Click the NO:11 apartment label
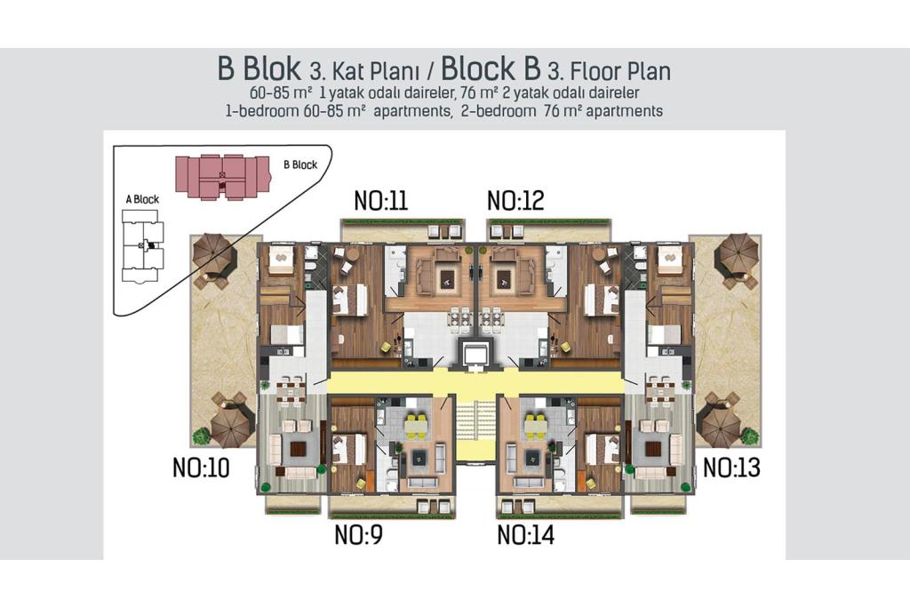381,201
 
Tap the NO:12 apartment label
515,201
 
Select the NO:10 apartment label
202,468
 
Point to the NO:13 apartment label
732,468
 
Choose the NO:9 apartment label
359,535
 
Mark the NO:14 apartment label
526,535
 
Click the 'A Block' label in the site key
142,199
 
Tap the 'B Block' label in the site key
300,165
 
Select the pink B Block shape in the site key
223,177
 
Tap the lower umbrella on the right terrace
720,421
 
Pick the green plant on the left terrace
202,436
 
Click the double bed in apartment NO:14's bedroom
601,448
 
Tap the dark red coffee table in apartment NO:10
299,448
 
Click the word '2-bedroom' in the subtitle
499,111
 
